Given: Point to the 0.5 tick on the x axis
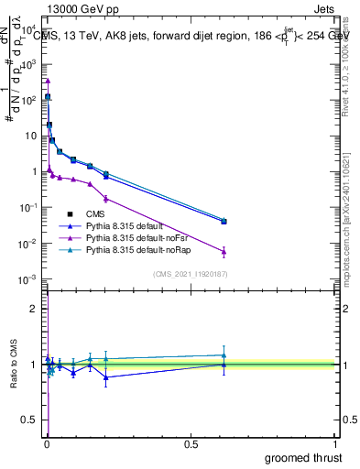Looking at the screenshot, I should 191,442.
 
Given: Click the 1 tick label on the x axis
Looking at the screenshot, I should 336,442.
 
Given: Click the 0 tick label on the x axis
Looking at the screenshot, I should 47,442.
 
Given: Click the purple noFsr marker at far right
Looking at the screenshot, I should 224,251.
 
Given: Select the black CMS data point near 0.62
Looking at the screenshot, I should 224,222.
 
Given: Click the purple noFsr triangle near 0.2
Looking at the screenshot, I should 106,198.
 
